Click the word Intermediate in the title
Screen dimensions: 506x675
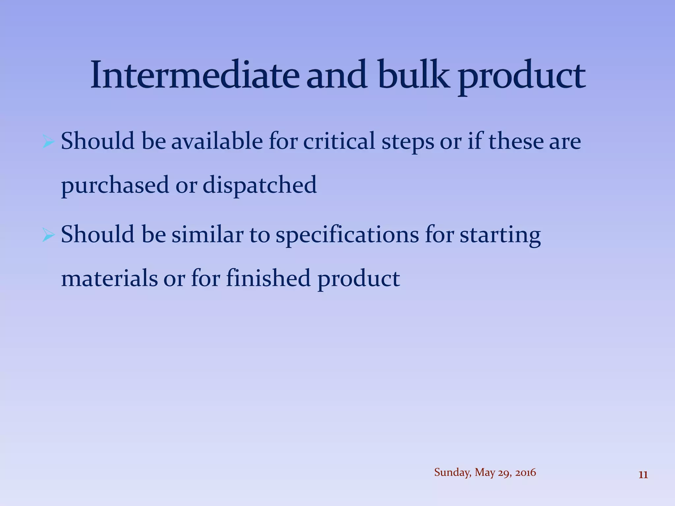[x=194, y=75]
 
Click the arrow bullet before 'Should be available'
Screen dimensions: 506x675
[x=48, y=142]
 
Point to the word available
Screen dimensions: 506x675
[x=217, y=141]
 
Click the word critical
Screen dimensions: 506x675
[x=339, y=141]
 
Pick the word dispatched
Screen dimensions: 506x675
[x=259, y=185]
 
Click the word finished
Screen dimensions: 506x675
[x=268, y=278]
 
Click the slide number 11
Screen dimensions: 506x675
[x=643, y=475]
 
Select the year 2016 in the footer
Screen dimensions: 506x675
[x=525, y=472]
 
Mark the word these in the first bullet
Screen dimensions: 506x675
[x=515, y=141]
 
